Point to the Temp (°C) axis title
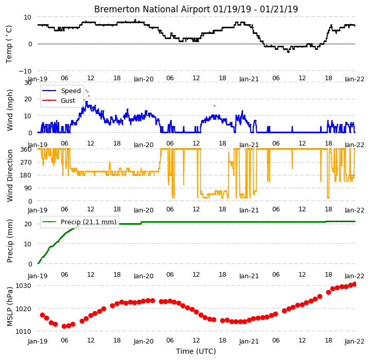click(9, 44)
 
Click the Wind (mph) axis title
click(9, 110)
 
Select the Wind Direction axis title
click(10, 176)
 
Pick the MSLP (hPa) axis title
click(10, 307)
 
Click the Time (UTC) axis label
click(196, 351)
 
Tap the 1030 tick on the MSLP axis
click(23, 286)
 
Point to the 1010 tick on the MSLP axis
click(23, 332)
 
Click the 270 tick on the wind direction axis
click(26, 162)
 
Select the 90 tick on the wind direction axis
click(28, 188)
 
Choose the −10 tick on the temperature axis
click(25, 71)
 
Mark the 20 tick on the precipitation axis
click(28, 224)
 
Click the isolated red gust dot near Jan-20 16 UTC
click(214, 105)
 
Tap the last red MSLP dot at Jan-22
click(355, 284)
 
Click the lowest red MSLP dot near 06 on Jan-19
click(64, 326)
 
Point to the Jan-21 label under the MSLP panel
click(249, 341)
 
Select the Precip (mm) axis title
click(10, 241)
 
